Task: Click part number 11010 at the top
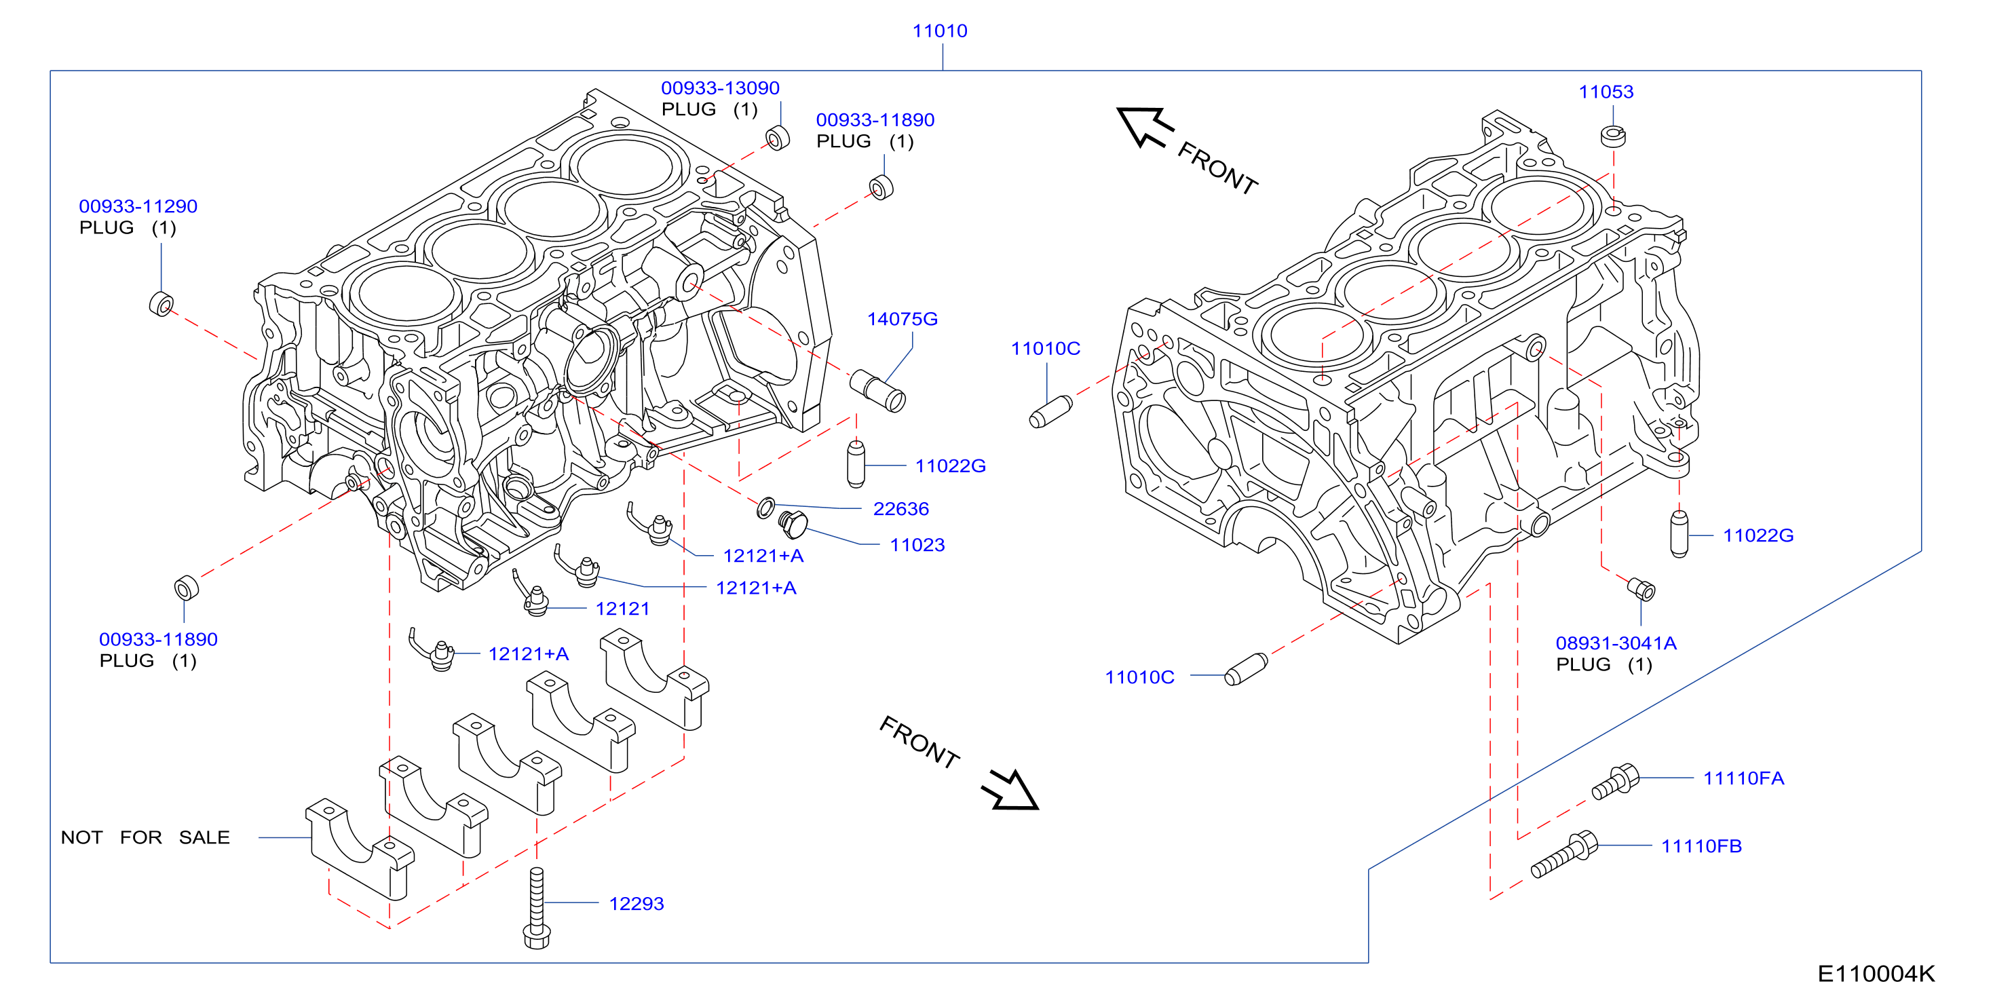940,31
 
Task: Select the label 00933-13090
720,88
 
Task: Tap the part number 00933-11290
138,206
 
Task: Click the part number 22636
900,508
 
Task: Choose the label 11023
917,544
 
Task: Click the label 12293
637,903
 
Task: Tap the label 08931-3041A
1616,643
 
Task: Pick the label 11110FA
1743,778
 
